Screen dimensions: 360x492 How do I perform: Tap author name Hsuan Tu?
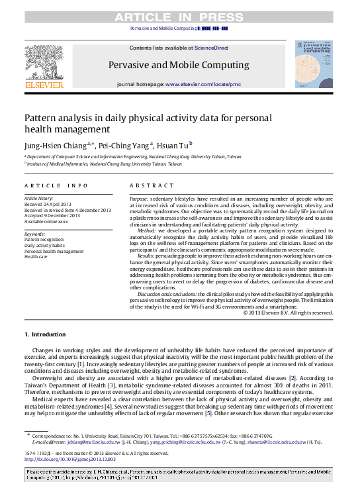tap(175, 143)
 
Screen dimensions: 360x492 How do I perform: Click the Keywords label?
tap(34, 234)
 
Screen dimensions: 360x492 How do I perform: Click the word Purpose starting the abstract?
tap(138, 198)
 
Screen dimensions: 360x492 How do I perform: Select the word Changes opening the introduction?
tap(43, 348)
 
